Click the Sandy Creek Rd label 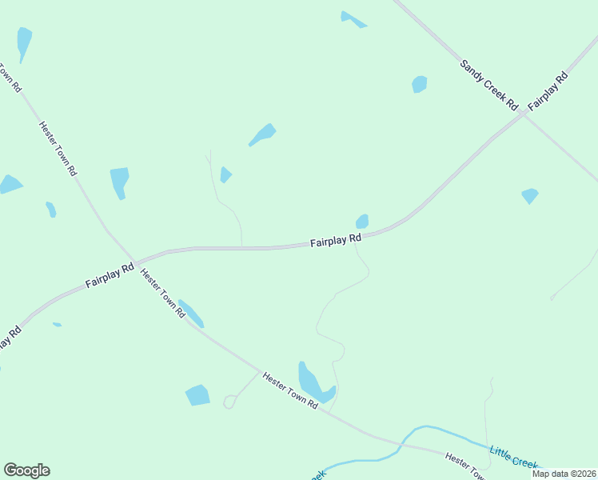click(489, 84)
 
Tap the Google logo click(26, 470)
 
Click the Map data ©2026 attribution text click(564, 474)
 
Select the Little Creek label click(514, 458)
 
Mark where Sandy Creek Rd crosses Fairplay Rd click(523, 114)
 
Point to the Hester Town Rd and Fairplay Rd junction click(134, 262)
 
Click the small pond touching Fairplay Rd click(362, 221)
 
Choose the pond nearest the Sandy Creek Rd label click(419, 84)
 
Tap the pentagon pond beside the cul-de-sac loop click(197, 395)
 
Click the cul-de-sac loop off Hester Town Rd click(229, 402)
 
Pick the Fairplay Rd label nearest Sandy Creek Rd click(551, 90)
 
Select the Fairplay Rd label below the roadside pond click(336, 240)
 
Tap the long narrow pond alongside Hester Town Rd click(191, 314)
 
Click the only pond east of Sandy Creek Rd click(529, 195)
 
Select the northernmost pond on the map click(352, 19)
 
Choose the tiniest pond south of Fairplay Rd click(57, 324)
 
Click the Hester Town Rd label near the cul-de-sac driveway click(290, 390)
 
